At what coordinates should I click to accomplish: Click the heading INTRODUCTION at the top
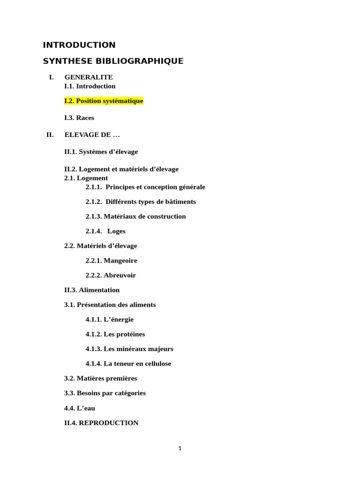pyautogui.click(x=79, y=45)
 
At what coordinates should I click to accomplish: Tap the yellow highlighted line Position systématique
pyautogui.click(x=104, y=101)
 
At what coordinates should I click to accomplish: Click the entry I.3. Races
pyautogui.click(x=79, y=118)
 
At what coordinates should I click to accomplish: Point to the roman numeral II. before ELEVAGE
pyautogui.click(x=50, y=135)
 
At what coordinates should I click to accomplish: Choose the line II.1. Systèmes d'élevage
pyautogui.click(x=101, y=151)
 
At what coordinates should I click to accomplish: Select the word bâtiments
pyautogui.click(x=180, y=202)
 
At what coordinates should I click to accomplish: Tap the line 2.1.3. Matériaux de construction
pyautogui.click(x=135, y=216)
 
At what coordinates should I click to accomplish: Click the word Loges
pyautogui.click(x=116, y=231)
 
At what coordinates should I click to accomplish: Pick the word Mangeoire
pyautogui.click(x=120, y=260)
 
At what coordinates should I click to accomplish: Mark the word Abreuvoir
pyautogui.click(x=120, y=275)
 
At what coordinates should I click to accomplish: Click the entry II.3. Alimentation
pyautogui.click(x=92, y=290)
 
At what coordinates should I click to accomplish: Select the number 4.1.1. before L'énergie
pyautogui.click(x=93, y=319)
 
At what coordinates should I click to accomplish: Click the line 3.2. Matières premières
pyautogui.click(x=100, y=378)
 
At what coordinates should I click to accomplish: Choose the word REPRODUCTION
pyautogui.click(x=109, y=423)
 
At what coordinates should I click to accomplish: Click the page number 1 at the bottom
pyautogui.click(x=180, y=449)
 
